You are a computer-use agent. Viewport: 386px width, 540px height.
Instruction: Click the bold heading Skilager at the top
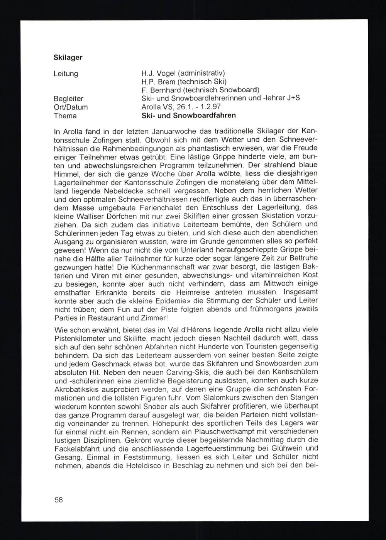point(68,58)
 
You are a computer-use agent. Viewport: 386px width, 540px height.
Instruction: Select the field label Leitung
point(66,73)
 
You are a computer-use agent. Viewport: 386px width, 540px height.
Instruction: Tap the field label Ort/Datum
point(71,107)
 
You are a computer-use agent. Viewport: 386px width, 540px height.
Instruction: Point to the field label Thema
point(65,115)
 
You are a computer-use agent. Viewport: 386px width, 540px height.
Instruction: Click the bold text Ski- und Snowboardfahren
point(189,115)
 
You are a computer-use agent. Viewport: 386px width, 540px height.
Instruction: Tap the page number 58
point(59,499)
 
